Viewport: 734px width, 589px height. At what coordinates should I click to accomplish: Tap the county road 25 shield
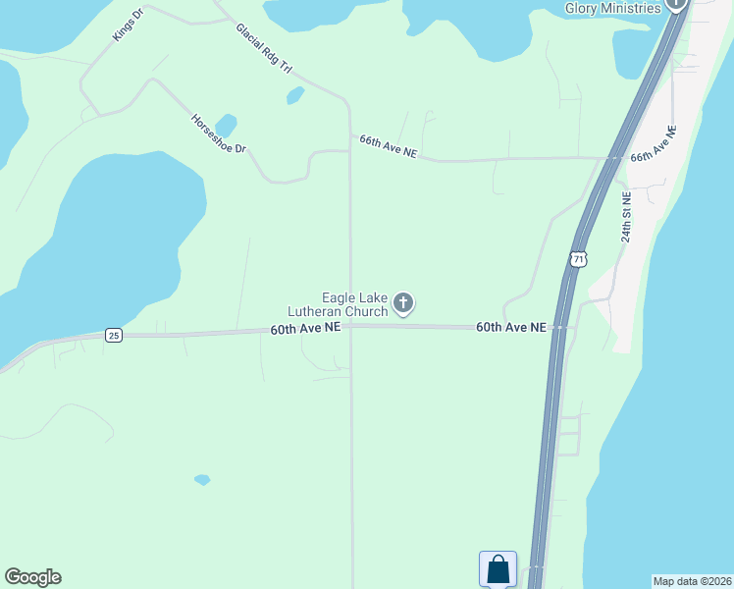(x=114, y=336)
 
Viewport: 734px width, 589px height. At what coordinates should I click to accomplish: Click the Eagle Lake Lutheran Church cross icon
(x=403, y=303)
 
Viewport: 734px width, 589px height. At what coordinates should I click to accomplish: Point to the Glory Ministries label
(x=612, y=8)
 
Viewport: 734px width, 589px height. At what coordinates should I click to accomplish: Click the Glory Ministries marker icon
(x=676, y=4)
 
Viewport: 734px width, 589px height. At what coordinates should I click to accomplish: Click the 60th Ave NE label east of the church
(x=510, y=327)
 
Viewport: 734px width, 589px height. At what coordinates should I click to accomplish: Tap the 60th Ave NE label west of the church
(x=305, y=330)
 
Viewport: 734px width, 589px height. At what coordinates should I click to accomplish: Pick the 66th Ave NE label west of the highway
(x=389, y=146)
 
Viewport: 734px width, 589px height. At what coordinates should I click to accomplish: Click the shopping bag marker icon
(x=498, y=568)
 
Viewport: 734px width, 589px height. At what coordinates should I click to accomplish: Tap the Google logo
(x=32, y=577)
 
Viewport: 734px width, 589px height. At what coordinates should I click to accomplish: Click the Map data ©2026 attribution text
(x=692, y=580)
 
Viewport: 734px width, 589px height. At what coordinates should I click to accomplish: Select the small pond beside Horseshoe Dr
(x=227, y=126)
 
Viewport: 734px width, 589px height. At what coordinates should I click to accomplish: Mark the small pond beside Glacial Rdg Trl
(x=295, y=95)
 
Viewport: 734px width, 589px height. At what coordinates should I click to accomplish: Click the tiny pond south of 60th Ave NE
(x=202, y=480)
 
